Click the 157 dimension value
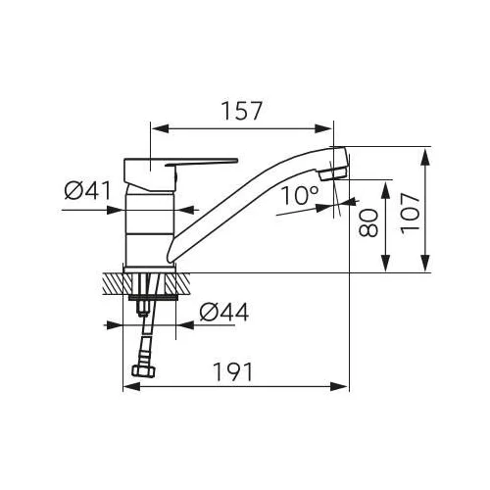[x=242, y=111]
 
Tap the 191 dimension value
[x=233, y=371]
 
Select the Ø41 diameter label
[x=88, y=190]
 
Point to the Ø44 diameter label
[x=224, y=312]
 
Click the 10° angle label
[x=299, y=195]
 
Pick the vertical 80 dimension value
[x=368, y=222]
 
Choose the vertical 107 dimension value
[x=410, y=214]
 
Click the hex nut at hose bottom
[x=143, y=371]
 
